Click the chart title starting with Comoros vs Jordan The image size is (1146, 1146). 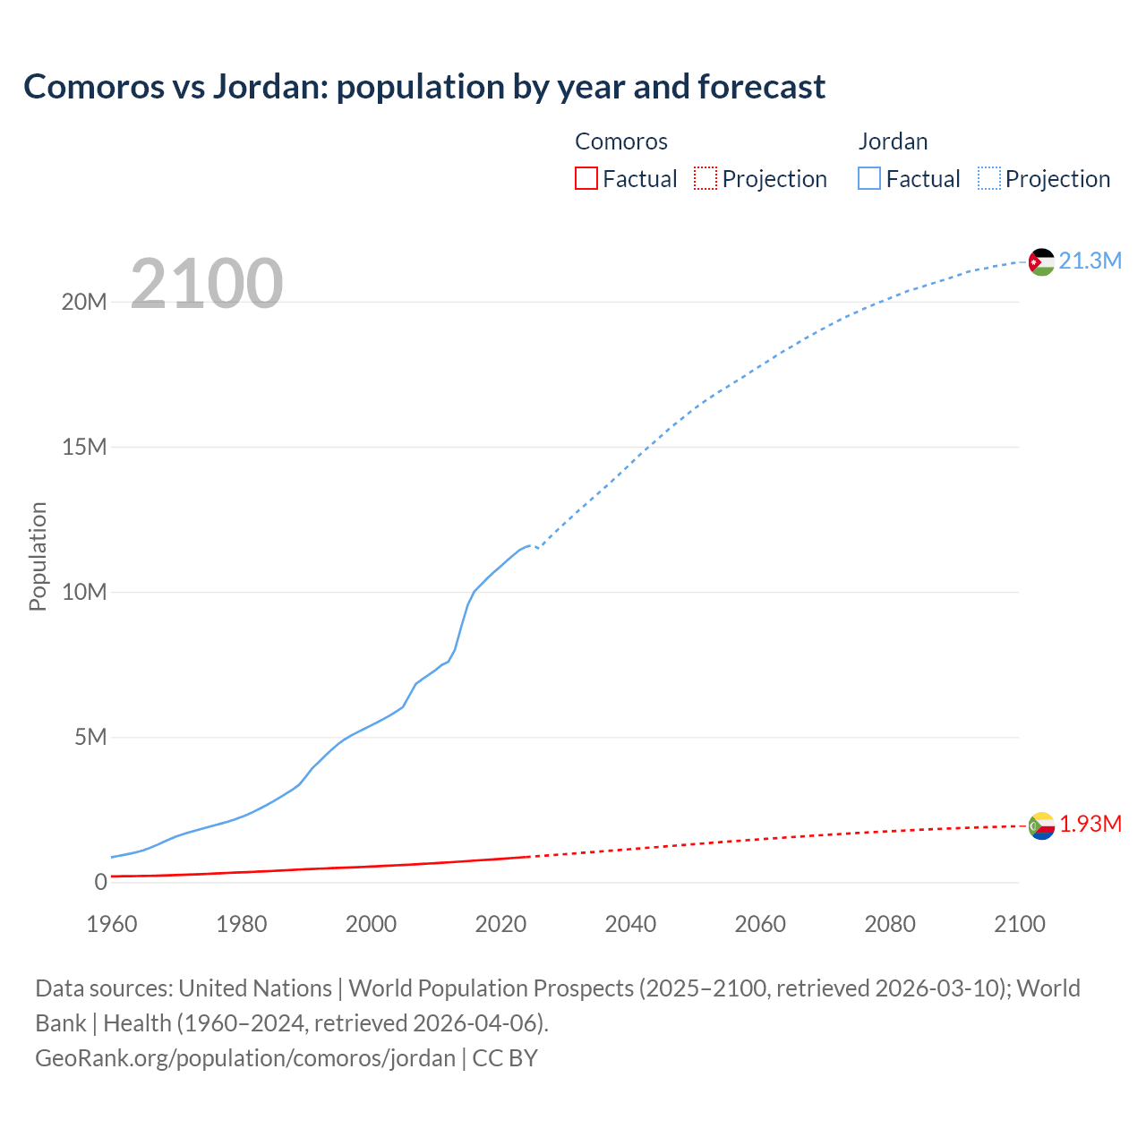pyautogui.click(x=424, y=87)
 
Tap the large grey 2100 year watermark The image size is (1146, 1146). pyautogui.click(x=207, y=284)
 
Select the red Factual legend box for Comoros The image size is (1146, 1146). pyautogui.click(x=586, y=178)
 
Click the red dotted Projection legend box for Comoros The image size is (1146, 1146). pyautogui.click(x=706, y=178)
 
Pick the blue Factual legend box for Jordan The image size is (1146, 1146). pyautogui.click(x=869, y=178)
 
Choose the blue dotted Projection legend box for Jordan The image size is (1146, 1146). pyautogui.click(x=988, y=178)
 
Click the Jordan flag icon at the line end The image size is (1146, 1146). pyautogui.click(x=1041, y=261)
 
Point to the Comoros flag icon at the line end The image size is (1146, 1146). pyautogui.click(x=1041, y=825)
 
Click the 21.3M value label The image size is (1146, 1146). pyautogui.click(x=1090, y=261)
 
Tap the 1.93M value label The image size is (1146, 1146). pyautogui.click(x=1090, y=824)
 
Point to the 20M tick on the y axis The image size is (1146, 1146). pyautogui.click(x=84, y=302)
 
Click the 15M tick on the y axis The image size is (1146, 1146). pyautogui.click(x=84, y=447)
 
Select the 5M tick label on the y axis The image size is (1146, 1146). pyautogui.click(x=90, y=737)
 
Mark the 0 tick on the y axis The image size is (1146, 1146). pyautogui.click(x=100, y=882)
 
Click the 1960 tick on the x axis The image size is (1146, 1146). pyautogui.click(x=112, y=924)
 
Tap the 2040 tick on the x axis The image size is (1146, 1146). pyautogui.click(x=630, y=924)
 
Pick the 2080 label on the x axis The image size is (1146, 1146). pyautogui.click(x=890, y=924)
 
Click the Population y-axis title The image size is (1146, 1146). pyautogui.click(x=38, y=556)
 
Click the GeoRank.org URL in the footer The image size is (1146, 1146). pyautogui.click(x=245, y=1057)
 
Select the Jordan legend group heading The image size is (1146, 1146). pyautogui.click(x=893, y=141)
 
